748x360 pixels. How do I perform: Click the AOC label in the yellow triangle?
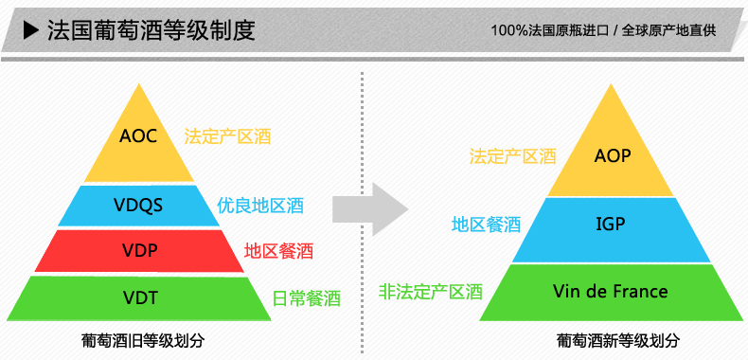(x=138, y=135)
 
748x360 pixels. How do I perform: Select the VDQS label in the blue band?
(x=139, y=206)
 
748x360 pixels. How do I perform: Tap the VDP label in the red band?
(x=139, y=251)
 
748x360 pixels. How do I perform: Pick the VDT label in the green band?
(x=139, y=297)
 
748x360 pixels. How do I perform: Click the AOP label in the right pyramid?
(x=613, y=155)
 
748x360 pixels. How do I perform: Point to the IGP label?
(x=611, y=225)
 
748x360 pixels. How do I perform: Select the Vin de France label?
(x=611, y=291)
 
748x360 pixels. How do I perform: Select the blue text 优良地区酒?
(x=260, y=205)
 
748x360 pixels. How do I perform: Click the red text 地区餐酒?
(x=278, y=251)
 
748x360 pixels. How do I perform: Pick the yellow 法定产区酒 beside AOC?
(x=228, y=135)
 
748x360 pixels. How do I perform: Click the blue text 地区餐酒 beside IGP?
(x=486, y=225)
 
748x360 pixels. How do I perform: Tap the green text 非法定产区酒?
(x=431, y=291)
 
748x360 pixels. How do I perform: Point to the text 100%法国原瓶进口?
(x=550, y=30)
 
